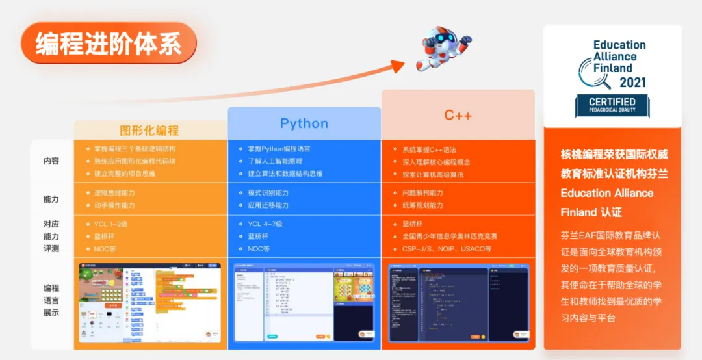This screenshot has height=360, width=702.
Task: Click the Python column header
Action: coord(304,123)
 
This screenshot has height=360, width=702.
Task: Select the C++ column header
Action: coord(458,116)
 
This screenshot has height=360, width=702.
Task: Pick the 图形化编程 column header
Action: coord(149,131)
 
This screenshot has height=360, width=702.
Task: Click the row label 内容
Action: coord(51,161)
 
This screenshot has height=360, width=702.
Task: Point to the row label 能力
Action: coord(51,199)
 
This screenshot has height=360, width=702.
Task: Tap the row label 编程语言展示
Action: coord(51,300)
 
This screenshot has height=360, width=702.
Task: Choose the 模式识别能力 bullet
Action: coord(268,193)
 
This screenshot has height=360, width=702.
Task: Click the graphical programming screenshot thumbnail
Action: coord(150,303)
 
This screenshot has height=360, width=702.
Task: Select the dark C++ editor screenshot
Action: coord(458,303)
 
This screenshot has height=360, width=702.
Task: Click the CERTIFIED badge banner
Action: coord(612,105)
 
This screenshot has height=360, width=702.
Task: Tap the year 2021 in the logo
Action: coord(632,83)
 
